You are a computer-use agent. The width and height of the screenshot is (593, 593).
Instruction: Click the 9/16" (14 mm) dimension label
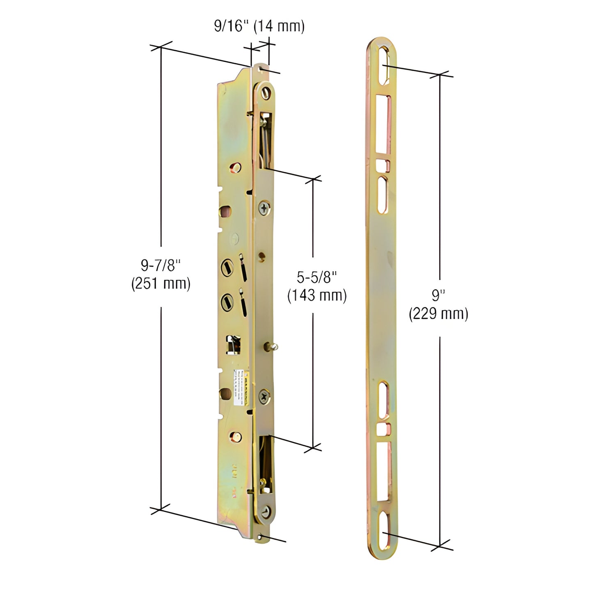click(259, 27)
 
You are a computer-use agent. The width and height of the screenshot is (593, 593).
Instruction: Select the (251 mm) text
click(160, 284)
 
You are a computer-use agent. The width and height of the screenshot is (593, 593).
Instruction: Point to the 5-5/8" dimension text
click(317, 277)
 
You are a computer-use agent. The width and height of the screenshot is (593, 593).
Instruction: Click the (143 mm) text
click(317, 295)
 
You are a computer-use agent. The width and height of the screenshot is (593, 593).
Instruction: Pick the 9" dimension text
click(438, 295)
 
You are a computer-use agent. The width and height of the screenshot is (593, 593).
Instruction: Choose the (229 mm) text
click(438, 314)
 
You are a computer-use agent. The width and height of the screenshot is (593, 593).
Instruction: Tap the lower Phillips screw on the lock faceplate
click(265, 397)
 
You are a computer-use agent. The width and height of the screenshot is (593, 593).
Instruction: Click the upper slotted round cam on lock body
click(227, 268)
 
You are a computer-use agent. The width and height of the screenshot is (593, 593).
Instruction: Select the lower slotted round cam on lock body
click(227, 303)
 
